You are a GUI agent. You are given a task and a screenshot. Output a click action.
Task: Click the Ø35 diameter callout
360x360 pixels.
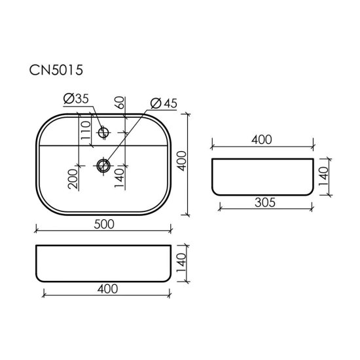[x=77, y=100]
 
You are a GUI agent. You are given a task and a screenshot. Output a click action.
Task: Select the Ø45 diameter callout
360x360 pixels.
[x=164, y=103]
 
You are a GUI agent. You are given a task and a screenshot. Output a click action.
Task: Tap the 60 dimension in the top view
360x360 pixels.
[x=120, y=104]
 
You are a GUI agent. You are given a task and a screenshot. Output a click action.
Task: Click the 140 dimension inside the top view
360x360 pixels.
[x=119, y=177]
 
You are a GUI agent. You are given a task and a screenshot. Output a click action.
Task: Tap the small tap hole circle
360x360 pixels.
[x=103, y=133]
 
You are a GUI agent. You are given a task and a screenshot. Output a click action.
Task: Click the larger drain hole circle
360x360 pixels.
[x=103, y=165]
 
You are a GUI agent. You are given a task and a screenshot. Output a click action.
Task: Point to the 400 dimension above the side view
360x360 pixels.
[x=261, y=140]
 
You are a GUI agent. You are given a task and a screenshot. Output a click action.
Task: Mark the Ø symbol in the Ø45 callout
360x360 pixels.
[x=155, y=103]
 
